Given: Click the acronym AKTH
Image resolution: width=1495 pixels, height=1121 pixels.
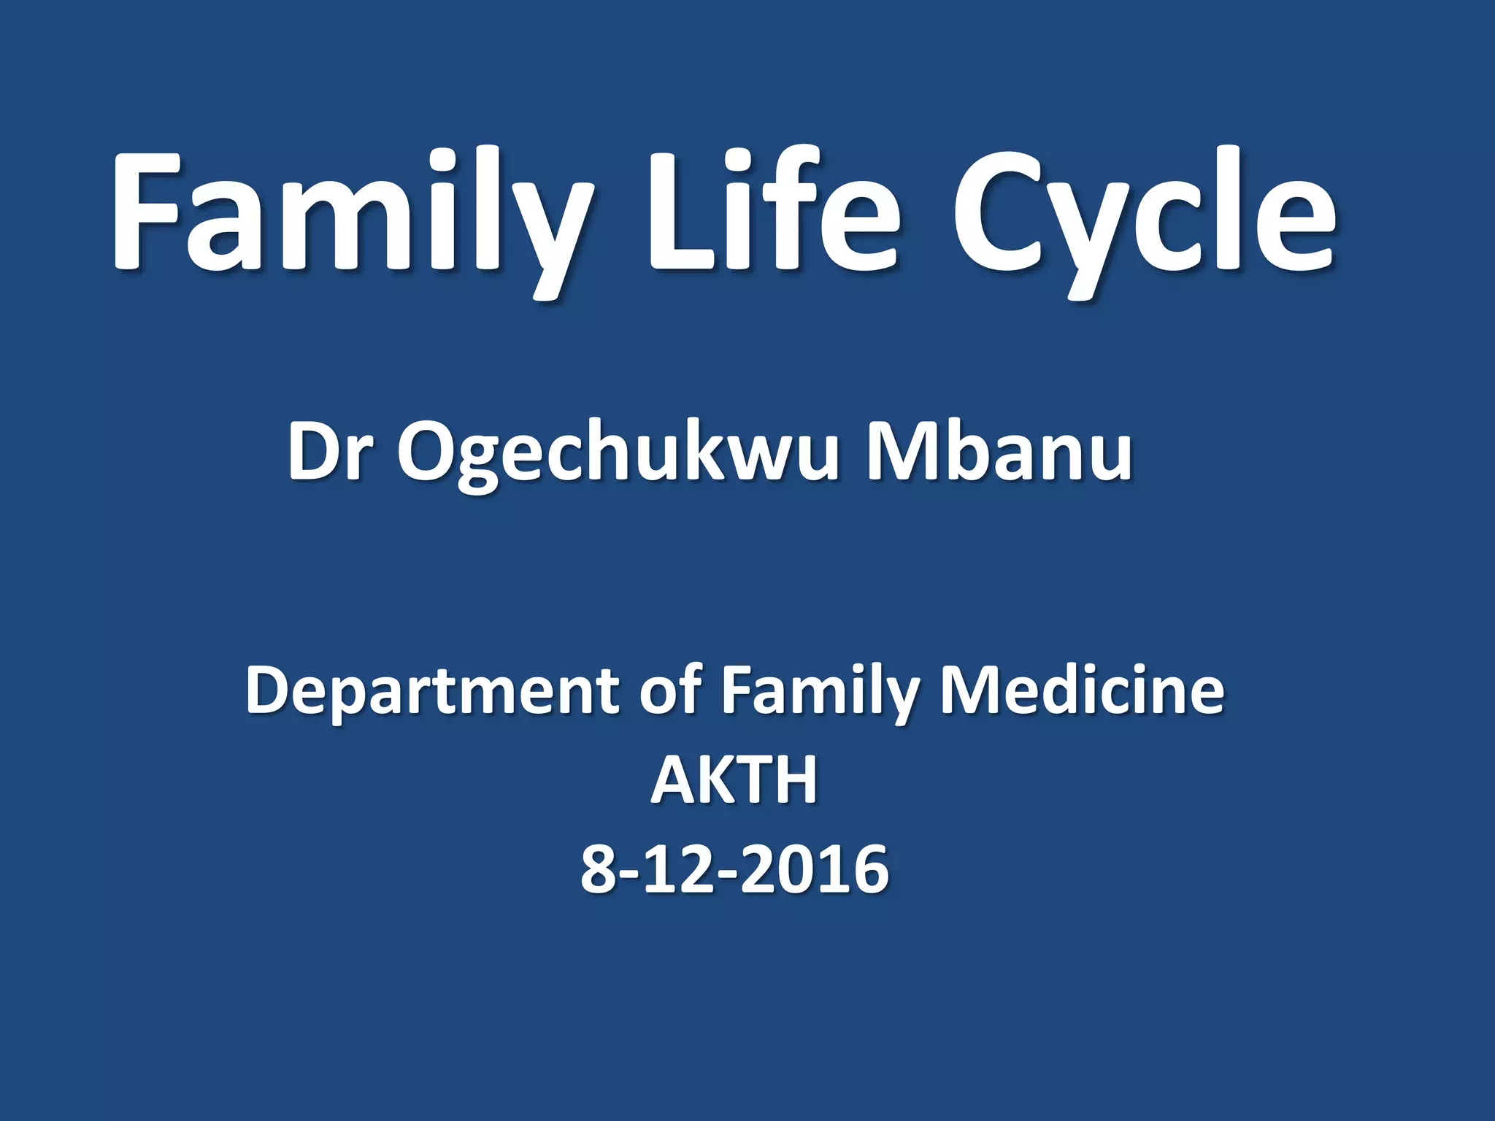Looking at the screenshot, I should coord(734,780).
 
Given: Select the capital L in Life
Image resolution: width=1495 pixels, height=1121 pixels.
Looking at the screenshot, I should coord(675,212).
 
